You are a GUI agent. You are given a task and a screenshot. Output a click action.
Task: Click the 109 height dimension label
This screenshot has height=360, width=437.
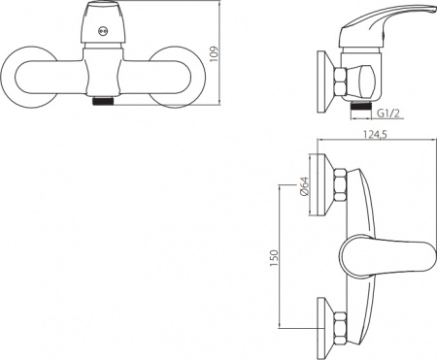pos(216,55)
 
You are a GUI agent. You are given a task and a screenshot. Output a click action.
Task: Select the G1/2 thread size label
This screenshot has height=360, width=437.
pos(388,114)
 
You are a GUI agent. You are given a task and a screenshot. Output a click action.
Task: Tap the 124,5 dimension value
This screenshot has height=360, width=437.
pos(375,134)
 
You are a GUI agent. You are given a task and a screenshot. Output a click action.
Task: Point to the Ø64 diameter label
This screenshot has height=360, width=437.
pos(305,186)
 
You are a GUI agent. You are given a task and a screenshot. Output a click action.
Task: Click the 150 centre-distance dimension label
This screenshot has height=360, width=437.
pos(274,258)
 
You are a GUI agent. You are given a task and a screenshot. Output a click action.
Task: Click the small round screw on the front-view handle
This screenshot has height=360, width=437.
pos(103,31)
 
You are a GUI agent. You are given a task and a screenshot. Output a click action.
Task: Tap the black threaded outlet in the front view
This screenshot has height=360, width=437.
pos(103,101)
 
